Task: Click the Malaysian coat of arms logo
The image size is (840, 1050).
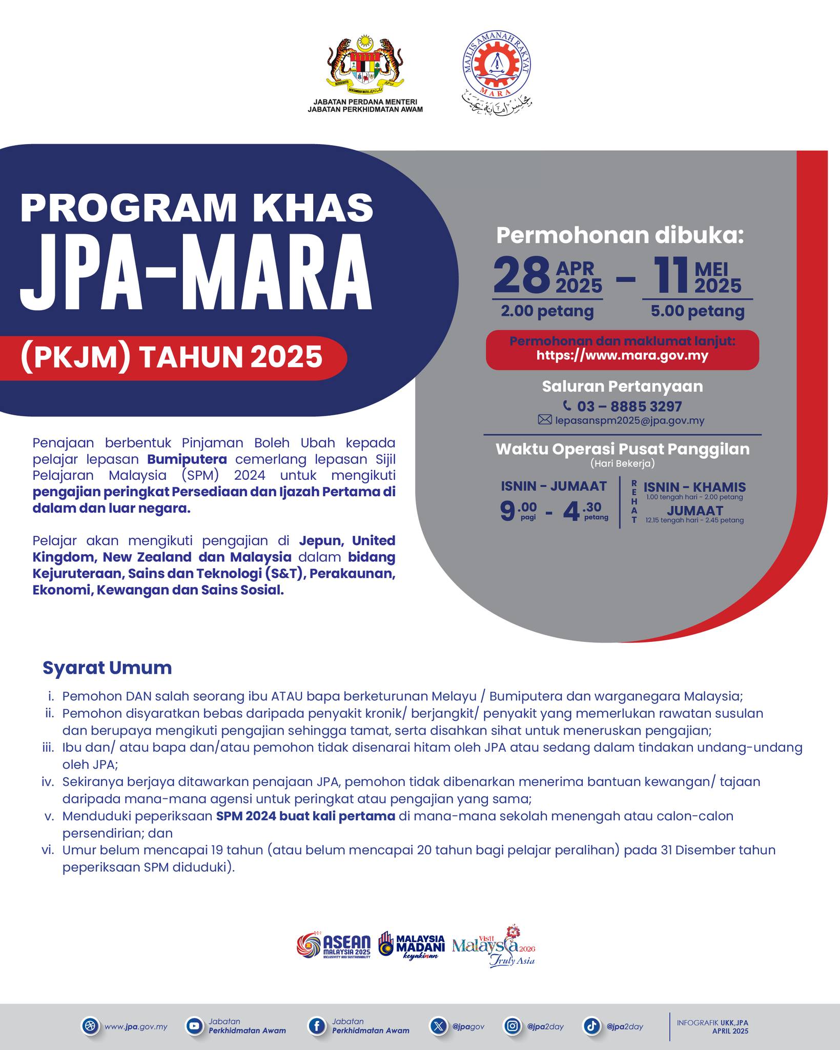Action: point(364,68)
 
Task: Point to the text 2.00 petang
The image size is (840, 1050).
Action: point(547,311)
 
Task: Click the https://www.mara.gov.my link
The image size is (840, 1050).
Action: point(622,355)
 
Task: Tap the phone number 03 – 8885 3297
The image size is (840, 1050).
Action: point(629,407)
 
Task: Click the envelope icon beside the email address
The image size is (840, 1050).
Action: point(544,420)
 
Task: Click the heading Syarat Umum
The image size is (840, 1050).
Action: point(107,668)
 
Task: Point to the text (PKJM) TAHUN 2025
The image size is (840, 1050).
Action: point(172,357)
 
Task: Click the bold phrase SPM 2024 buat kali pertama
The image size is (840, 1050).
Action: point(305,816)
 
